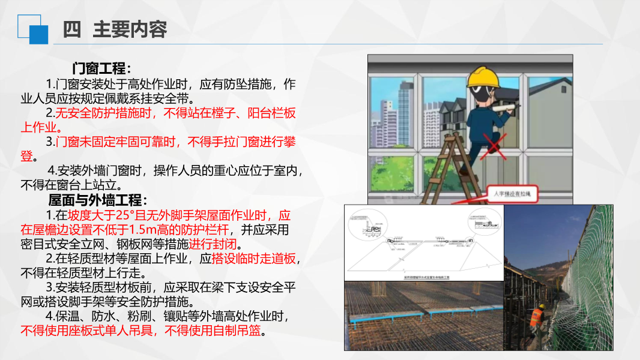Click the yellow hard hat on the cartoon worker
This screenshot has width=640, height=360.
[484, 76]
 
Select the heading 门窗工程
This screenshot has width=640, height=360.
[101, 68]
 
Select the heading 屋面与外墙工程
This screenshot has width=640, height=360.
[97, 200]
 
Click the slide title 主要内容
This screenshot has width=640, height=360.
[130, 29]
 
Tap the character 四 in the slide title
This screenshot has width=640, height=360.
[71, 29]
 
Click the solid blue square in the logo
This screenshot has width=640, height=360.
[38, 34]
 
